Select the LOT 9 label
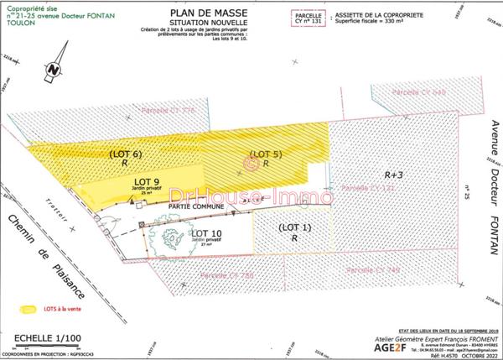[x=147, y=182]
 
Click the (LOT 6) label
[x=125, y=154]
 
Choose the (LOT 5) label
[x=266, y=154]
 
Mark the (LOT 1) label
[x=294, y=227]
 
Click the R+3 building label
[x=394, y=175]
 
